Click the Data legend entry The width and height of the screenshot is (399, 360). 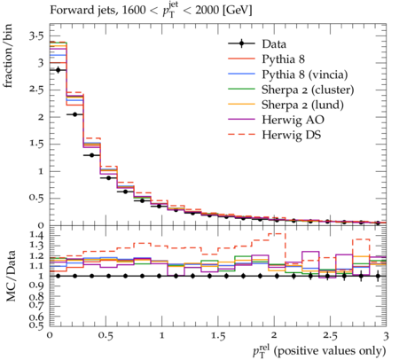274,44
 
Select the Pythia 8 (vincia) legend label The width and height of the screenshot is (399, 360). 305,74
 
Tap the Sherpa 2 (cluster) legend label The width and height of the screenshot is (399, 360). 308,90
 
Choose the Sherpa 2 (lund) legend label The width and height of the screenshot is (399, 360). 302,105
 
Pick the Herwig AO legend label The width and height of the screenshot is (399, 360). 293,120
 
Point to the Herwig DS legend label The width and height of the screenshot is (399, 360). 292,135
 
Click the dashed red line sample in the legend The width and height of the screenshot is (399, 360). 241,135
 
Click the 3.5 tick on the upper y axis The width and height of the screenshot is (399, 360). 36,36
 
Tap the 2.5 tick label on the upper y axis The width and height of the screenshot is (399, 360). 36,90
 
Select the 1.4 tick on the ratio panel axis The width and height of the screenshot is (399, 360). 36,235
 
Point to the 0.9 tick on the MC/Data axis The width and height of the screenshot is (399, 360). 36,286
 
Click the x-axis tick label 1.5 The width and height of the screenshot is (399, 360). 218,336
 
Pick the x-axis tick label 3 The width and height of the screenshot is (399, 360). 386,336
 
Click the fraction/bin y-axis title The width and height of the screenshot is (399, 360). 8,56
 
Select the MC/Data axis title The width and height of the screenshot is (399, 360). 11,276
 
